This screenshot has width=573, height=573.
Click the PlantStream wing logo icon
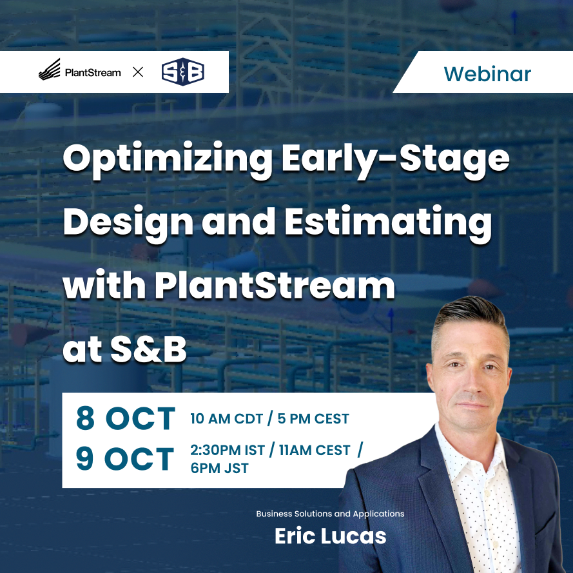tap(50, 70)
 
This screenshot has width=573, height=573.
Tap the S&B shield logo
tap(182, 72)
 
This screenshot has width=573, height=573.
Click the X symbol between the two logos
tap(138, 72)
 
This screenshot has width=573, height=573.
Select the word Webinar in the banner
tap(487, 73)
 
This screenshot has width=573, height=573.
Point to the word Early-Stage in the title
tap(395, 159)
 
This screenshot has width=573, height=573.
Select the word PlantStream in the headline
tap(274, 286)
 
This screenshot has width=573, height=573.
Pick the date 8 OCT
tap(125, 419)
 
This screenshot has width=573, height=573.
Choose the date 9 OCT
tap(125, 459)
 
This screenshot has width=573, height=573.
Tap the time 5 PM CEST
tap(313, 419)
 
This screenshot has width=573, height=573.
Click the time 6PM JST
tap(219, 469)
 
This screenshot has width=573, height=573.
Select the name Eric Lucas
tap(330, 536)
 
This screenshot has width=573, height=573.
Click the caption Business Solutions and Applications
tap(330, 514)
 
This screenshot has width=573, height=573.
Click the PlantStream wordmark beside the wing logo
tap(93, 72)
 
